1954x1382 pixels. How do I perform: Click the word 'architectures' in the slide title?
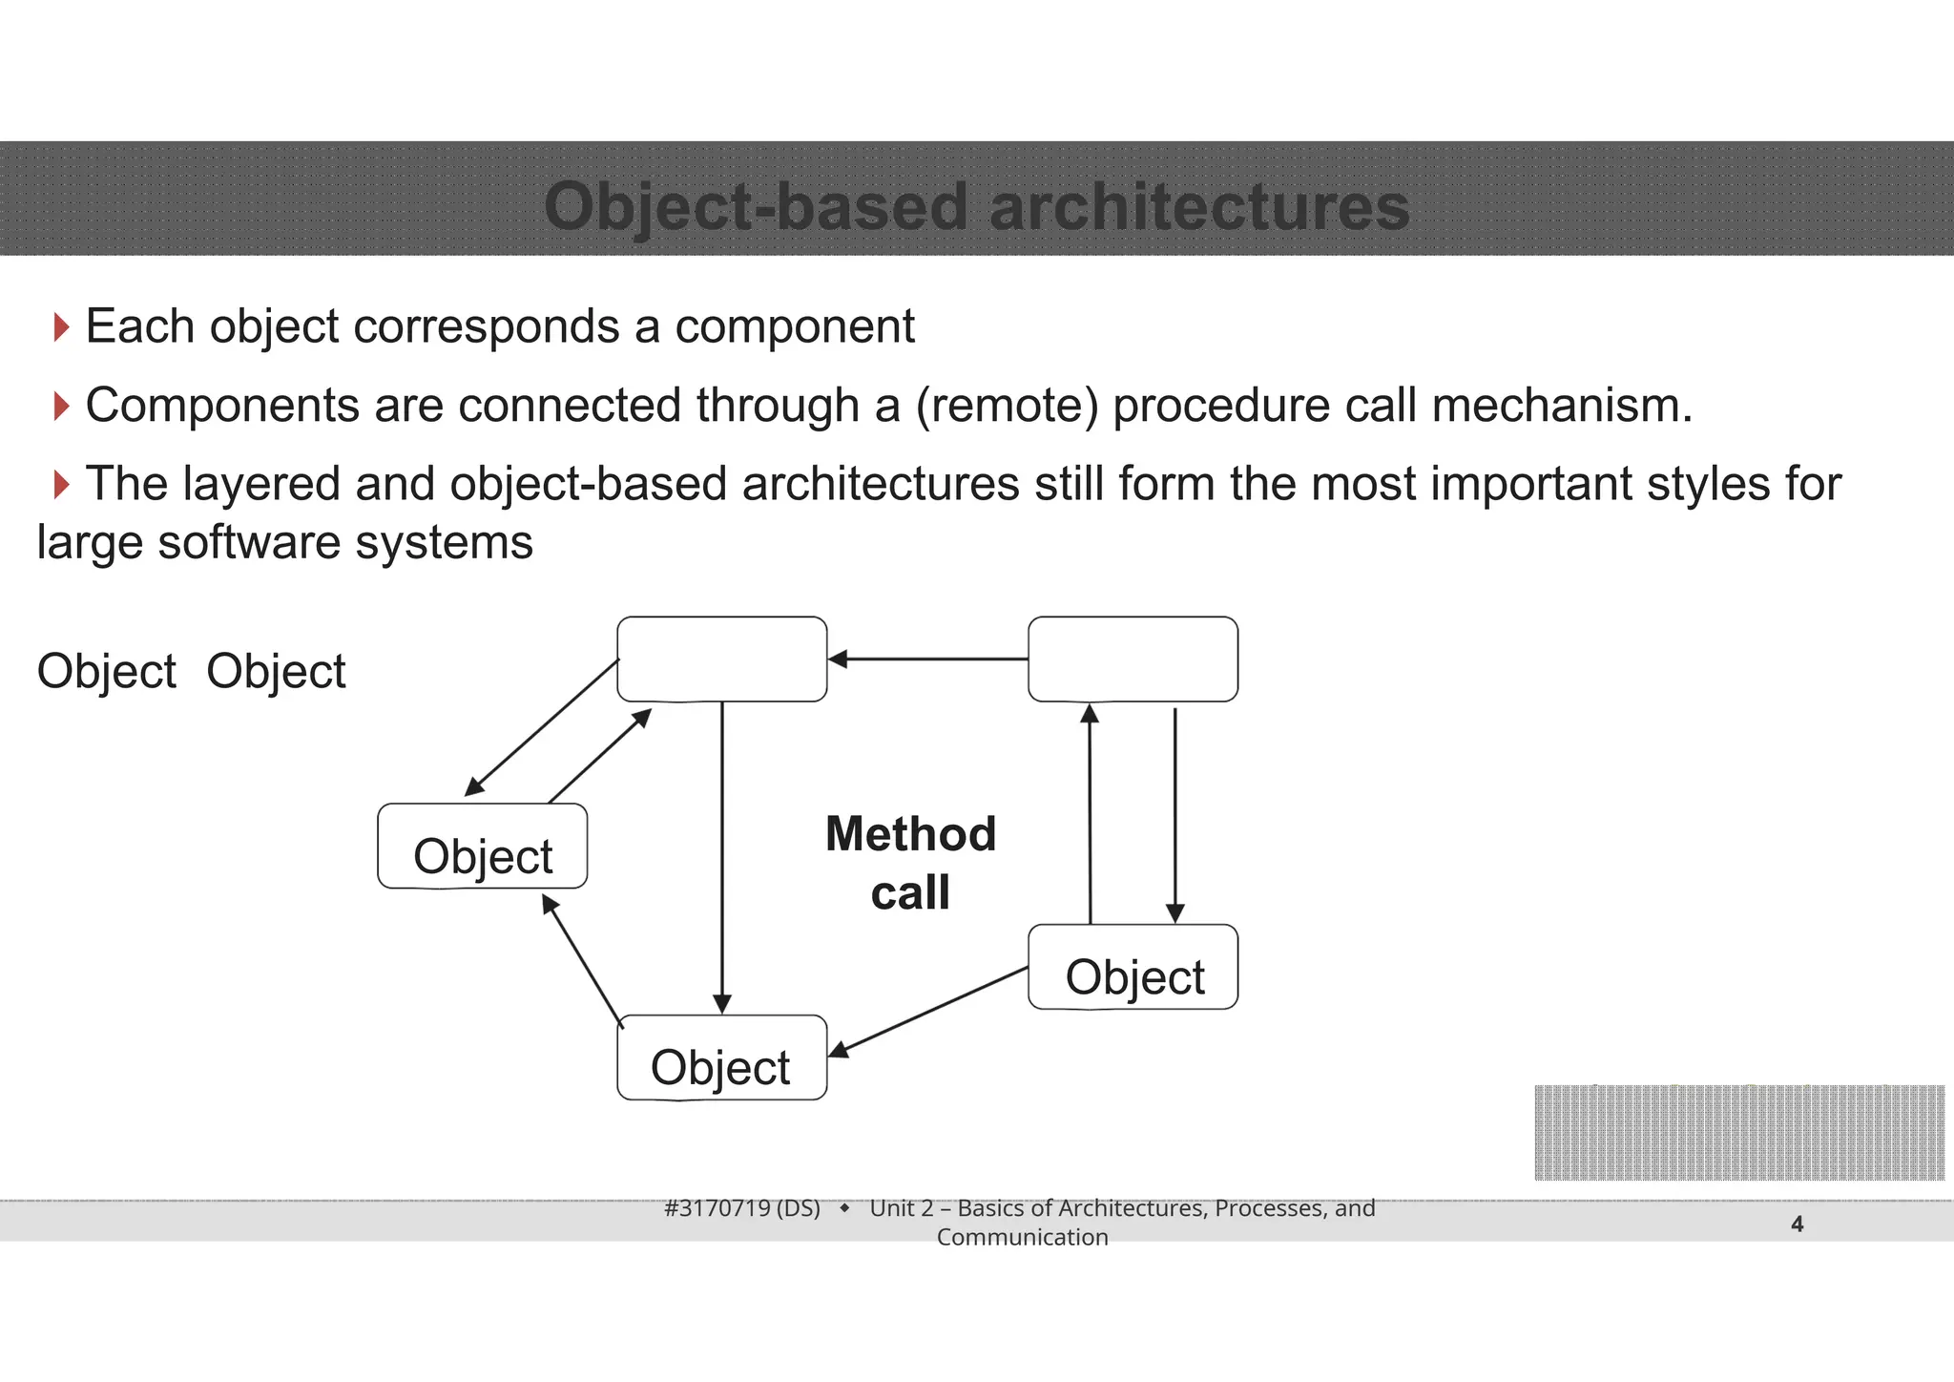point(1199,207)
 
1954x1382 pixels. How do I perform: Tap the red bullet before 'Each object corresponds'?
point(61,327)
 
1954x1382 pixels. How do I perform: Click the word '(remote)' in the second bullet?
point(1007,406)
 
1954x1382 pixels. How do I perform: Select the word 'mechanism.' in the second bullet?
point(1562,406)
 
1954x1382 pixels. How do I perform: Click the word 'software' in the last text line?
point(249,543)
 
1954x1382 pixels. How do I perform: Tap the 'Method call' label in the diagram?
point(910,863)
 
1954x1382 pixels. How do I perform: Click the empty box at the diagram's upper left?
point(721,660)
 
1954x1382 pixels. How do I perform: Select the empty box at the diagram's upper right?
point(1133,660)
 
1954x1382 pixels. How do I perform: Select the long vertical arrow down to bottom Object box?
point(722,859)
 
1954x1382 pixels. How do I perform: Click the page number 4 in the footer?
point(1797,1224)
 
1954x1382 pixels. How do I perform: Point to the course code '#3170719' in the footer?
point(717,1208)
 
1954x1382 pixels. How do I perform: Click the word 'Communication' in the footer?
point(1022,1237)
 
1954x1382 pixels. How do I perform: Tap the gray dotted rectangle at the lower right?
point(1738,1133)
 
